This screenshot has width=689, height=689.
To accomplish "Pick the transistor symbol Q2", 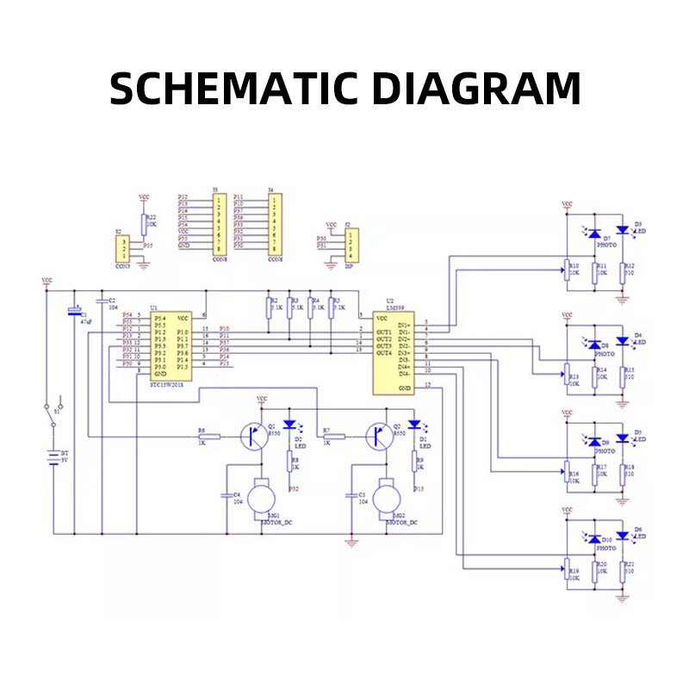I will point(378,437).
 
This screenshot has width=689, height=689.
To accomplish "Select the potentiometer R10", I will point(566,270).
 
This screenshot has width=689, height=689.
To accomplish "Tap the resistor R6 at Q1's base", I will point(209,437).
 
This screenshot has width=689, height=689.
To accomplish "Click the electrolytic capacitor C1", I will point(74,312).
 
